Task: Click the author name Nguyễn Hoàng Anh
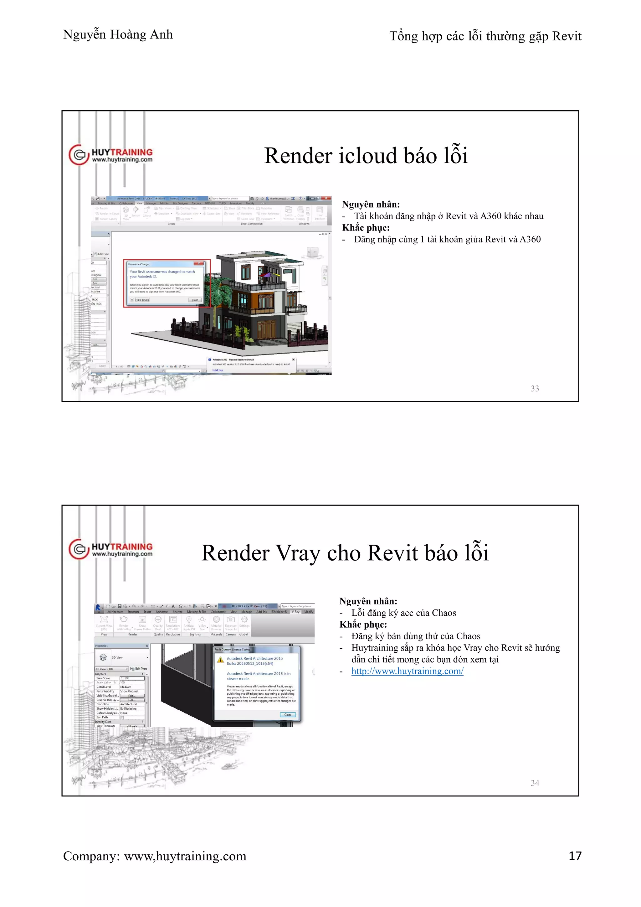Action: [x=118, y=35]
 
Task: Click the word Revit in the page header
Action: [x=567, y=36]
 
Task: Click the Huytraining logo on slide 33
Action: [x=111, y=155]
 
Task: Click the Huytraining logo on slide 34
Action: [x=111, y=549]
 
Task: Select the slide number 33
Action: [x=535, y=389]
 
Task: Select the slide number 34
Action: [x=535, y=783]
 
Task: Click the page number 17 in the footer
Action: [x=575, y=856]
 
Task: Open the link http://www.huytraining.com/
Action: [x=407, y=671]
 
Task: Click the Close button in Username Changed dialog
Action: [x=195, y=300]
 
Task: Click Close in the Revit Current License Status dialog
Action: [x=288, y=715]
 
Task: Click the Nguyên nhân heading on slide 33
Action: [x=371, y=204]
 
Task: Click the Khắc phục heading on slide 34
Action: [x=363, y=625]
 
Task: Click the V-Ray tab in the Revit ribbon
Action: [x=295, y=612]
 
